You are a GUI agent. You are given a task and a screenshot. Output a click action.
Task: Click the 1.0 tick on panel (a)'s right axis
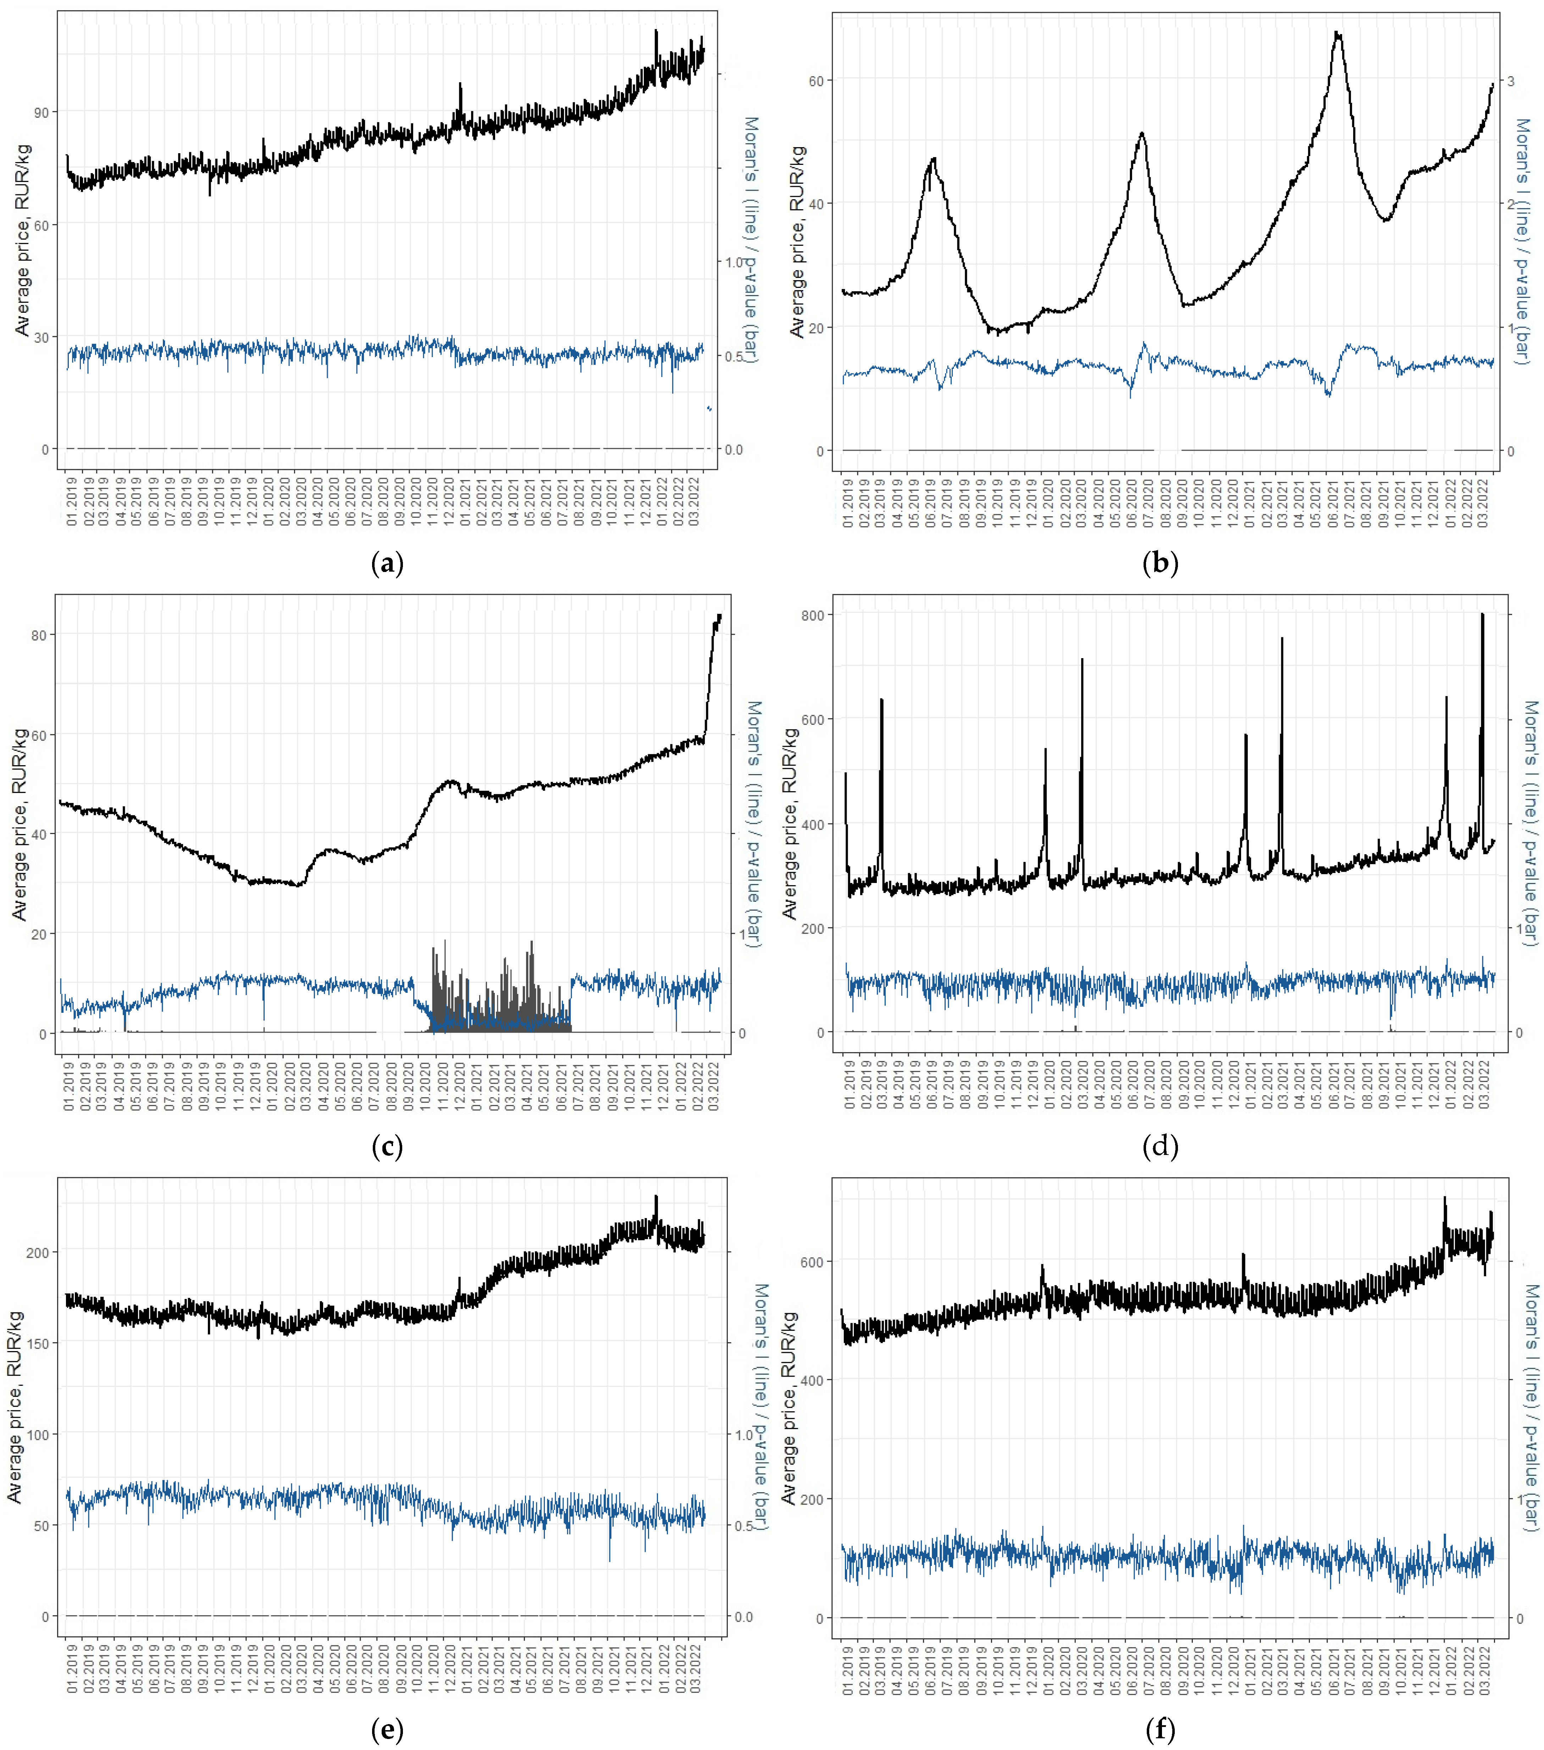pos(735,262)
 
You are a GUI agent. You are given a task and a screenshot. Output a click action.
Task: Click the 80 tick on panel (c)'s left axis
pos(38,635)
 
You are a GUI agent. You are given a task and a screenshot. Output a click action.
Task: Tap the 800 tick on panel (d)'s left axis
pos(813,616)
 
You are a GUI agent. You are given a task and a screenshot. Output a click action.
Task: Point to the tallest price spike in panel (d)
pos(1482,614)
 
